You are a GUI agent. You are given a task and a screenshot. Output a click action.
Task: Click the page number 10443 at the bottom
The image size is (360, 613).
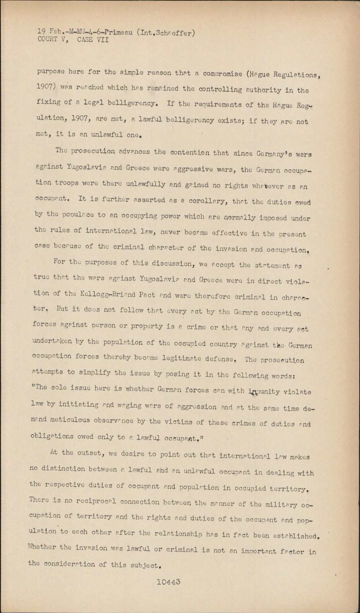tap(168, 582)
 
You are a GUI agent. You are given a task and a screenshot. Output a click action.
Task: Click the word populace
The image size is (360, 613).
tap(75, 215)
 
